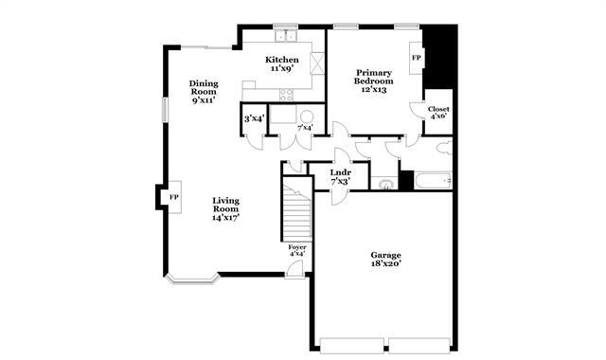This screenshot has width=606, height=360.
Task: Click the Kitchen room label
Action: click(282, 61)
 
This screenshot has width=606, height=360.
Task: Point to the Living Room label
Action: click(225, 200)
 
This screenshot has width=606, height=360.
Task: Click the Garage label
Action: click(385, 255)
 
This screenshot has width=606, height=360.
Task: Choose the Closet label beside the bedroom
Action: click(438, 109)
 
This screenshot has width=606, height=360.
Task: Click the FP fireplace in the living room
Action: click(173, 197)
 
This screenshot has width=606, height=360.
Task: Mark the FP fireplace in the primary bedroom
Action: click(416, 57)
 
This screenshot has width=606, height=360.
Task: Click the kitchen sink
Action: click(287, 37)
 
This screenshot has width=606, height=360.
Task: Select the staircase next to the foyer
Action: click(298, 214)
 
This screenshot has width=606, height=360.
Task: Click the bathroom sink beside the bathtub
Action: click(386, 185)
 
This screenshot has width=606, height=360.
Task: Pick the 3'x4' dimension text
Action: click(254, 118)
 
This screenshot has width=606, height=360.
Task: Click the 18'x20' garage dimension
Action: click(385, 266)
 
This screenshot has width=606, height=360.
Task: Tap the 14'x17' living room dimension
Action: click(225, 217)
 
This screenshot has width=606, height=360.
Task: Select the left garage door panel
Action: click(353, 343)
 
